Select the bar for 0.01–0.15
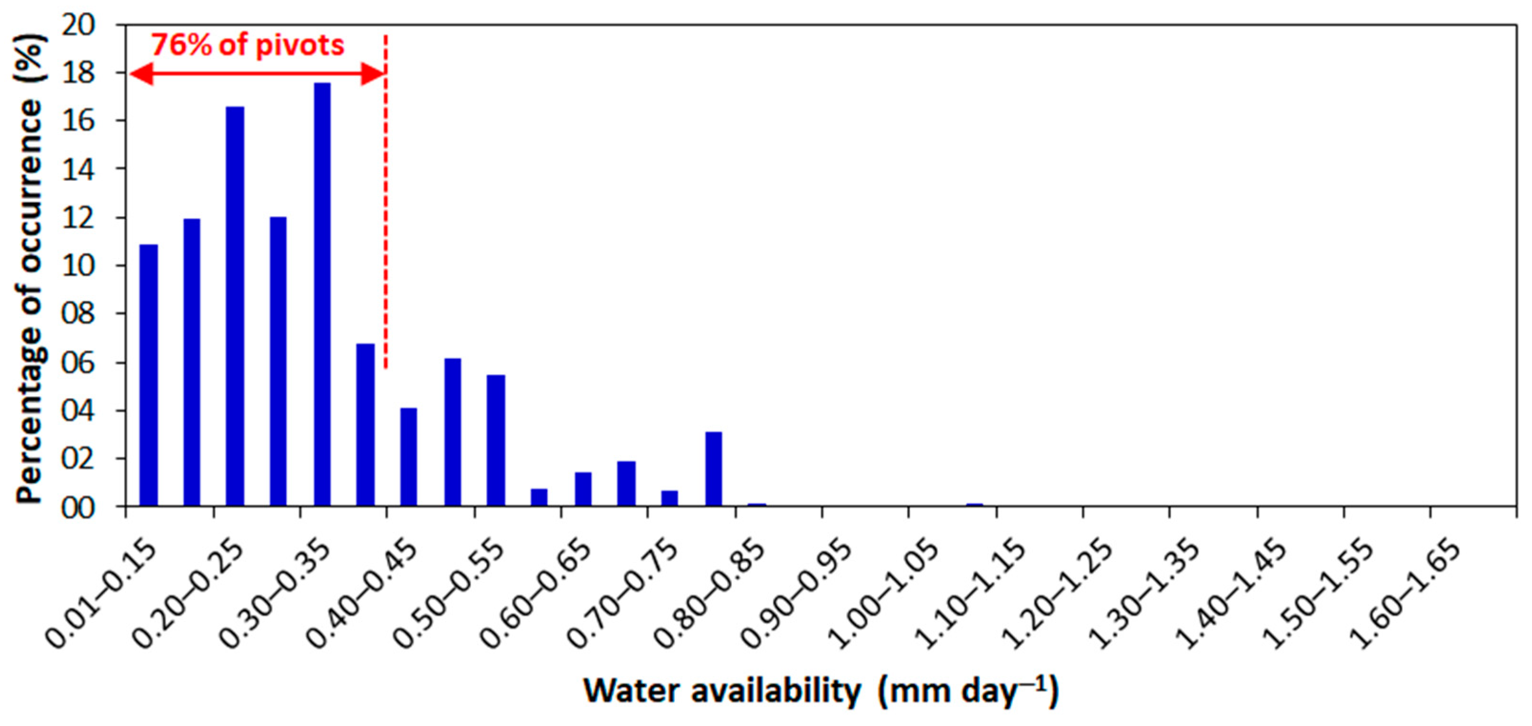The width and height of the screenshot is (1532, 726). [148, 375]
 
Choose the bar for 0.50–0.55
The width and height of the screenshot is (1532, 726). [496, 440]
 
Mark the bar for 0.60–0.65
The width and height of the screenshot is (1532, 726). [583, 489]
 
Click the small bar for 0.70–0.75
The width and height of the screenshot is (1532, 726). [670, 498]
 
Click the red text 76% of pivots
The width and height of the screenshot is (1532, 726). [248, 45]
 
